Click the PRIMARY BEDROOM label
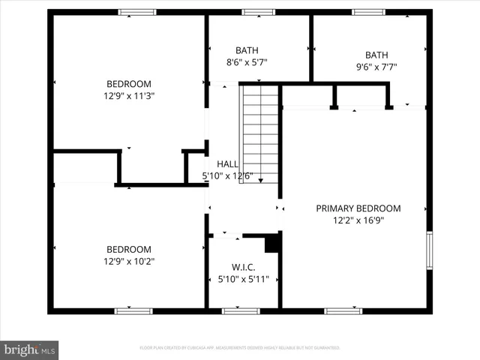click(x=358, y=208)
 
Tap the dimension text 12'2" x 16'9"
click(x=358, y=220)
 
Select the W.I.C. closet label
click(x=243, y=266)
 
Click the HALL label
click(x=227, y=164)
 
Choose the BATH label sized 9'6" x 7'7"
click(x=376, y=55)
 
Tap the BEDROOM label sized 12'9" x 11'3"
click(x=129, y=84)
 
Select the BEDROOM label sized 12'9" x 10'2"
click(x=128, y=250)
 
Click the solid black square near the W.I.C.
click(x=272, y=244)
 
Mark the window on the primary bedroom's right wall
click(x=430, y=250)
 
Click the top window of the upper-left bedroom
click(x=137, y=12)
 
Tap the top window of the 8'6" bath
click(x=258, y=12)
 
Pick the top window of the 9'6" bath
click(x=368, y=12)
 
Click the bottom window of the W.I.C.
click(x=241, y=310)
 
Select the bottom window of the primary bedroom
click(x=343, y=310)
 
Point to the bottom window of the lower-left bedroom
click(x=133, y=310)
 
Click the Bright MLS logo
click(x=30, y=349)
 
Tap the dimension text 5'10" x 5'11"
click(x=243, y=278)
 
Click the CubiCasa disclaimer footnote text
click(x=240, y=348)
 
